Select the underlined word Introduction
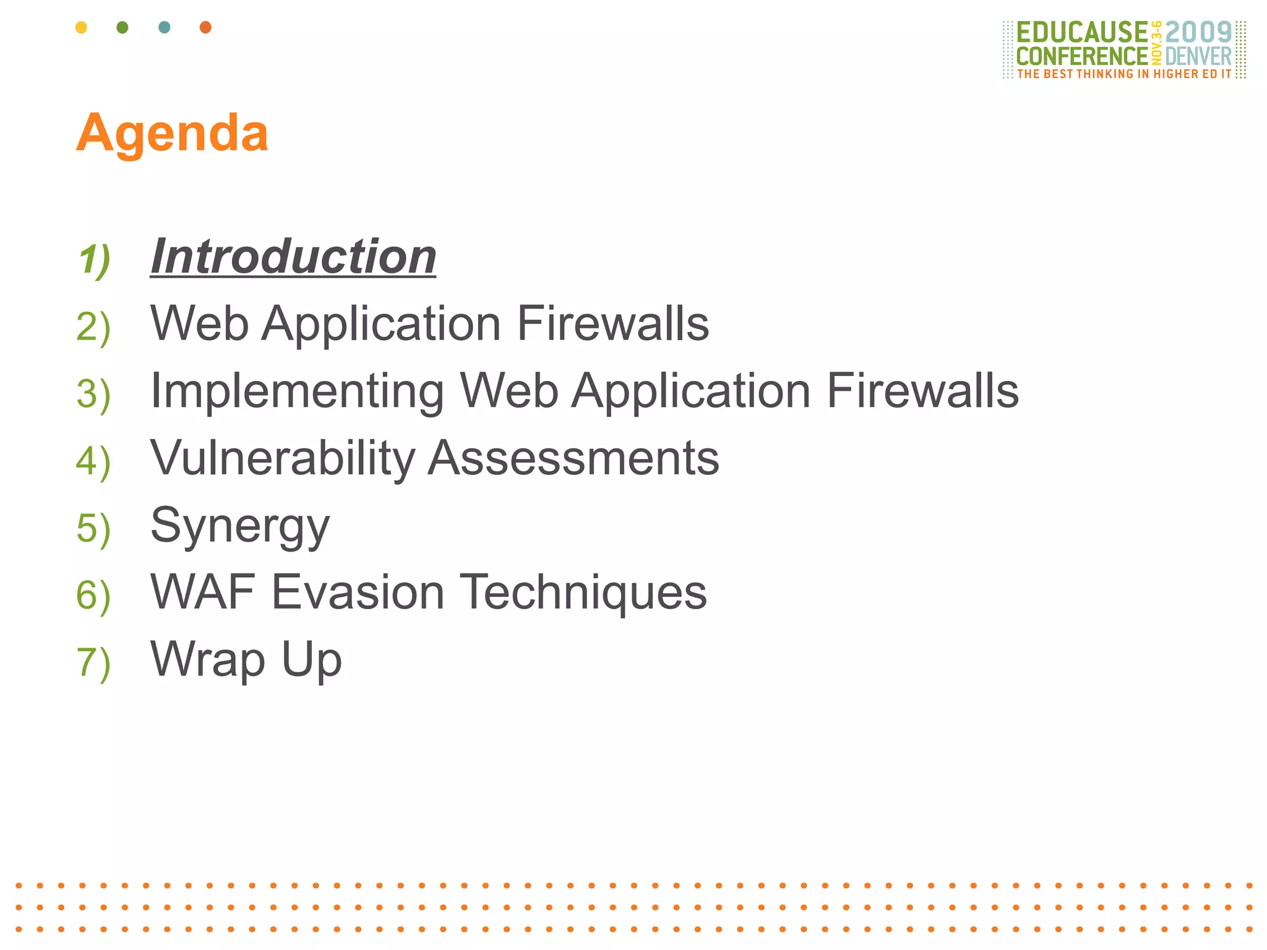[293, 257]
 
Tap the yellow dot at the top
[81, 27]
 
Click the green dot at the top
[122, 27]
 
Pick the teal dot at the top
[164, 27]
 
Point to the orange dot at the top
[205, 27]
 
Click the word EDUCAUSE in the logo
[1081, 32]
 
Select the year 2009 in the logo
[1198, 32]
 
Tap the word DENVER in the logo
[1198, 56]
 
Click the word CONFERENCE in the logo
[1081, 56]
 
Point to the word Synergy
[240, 526]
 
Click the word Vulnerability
[283, 458]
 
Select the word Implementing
[297, 391]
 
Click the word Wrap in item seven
[208, 660]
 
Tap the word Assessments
[573, 458]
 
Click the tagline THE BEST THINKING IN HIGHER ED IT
[1124, 74]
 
